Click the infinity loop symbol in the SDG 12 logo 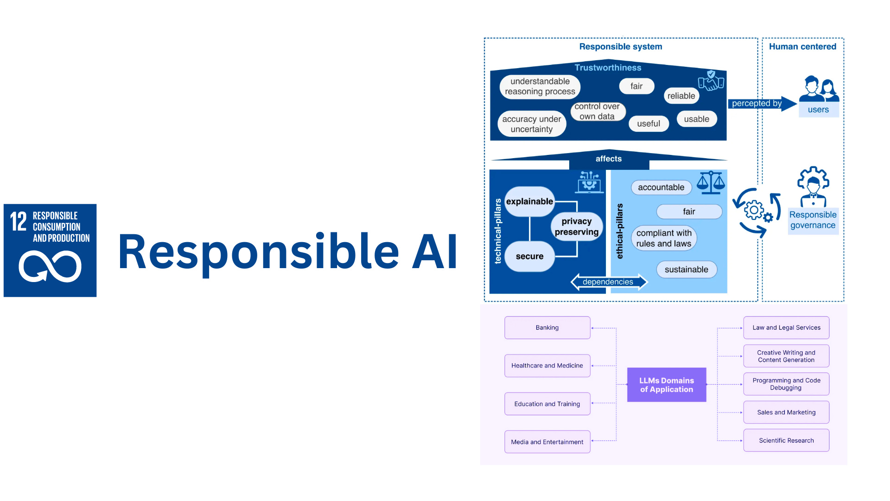point(50,266)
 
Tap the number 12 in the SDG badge point(19,221)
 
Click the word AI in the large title point(434,252)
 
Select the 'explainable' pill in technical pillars point(529,202)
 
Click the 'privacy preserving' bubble point(577,226)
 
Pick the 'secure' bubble point(529,257)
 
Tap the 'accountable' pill point(661,187)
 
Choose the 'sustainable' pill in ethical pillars point(686,270)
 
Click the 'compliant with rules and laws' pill point(664,238)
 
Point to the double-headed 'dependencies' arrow point(608,282)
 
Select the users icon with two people point(819,89)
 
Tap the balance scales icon point(711,182)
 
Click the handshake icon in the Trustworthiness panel point(711,81)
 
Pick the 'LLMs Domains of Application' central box point(667,385)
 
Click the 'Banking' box point(547,328)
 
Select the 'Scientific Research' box point(786,441)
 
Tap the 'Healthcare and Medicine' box point(547,366)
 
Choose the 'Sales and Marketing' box point(786,412)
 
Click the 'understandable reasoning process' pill point(540,87)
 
